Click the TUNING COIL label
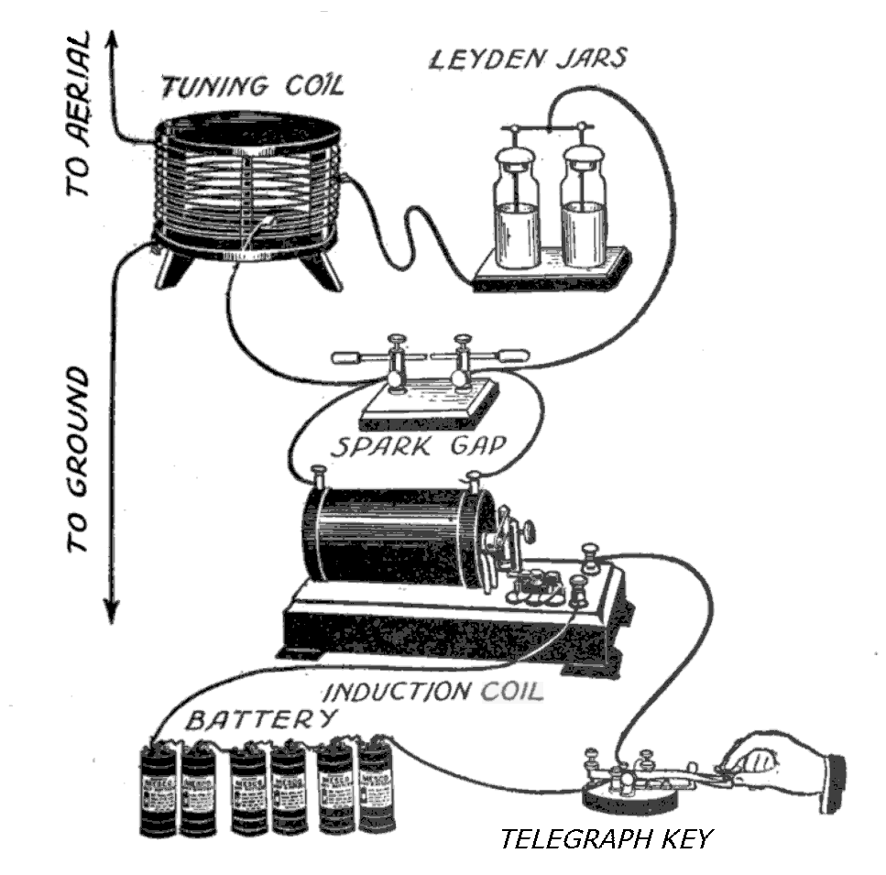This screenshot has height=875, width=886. (x=252, y=87)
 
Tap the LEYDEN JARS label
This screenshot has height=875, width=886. (x=529, y=60)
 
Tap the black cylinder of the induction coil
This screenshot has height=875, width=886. (x=394, y=536)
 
